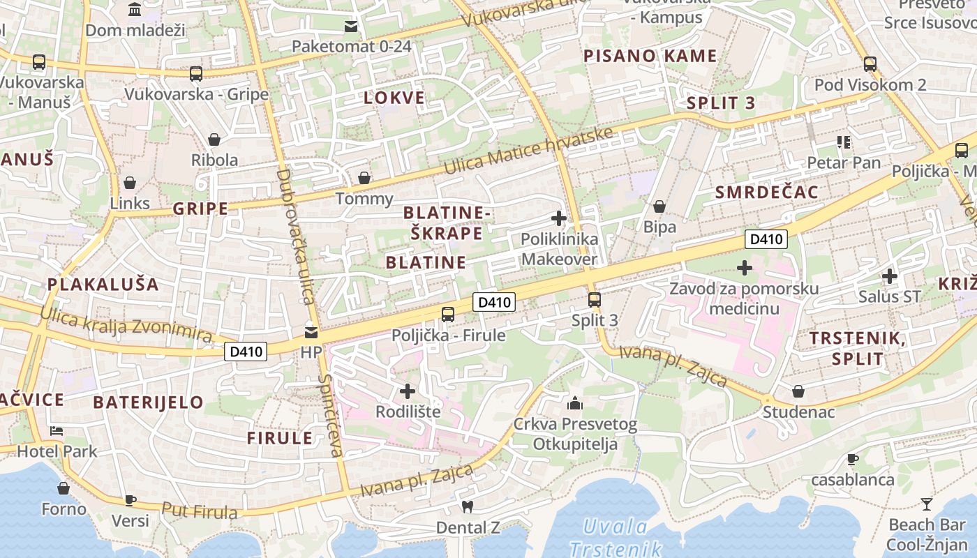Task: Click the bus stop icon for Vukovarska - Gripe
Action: click(196, 73)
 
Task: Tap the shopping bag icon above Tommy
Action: click(364, 178)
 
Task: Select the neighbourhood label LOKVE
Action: click(394, 98)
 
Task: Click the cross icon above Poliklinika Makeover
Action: click(559, 218)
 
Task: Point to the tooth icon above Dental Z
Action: click(468, 506)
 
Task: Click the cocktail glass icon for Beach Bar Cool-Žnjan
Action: click(926, 504)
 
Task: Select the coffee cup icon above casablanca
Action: click(851, 459)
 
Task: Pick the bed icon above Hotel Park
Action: click(57, 430)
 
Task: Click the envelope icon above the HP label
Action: click(311, 332)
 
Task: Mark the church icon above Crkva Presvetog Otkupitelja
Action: click(575, 403)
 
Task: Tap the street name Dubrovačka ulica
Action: click(295, 236)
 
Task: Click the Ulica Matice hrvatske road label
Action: click(529, 151)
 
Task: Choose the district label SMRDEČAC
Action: click(766, 193)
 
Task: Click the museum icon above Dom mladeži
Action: click(135, 10)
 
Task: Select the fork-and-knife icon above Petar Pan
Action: click(843, 142)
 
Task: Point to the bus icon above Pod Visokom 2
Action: click(870, 64)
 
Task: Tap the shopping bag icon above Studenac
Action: click(798, 391)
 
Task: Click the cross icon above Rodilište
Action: click(408, 391)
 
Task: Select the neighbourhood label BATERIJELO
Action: click(148, 402)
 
